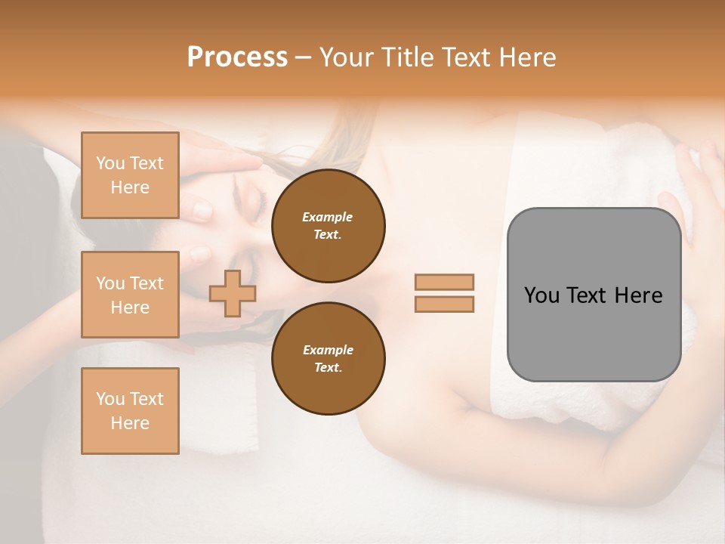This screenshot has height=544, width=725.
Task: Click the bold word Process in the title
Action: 237,57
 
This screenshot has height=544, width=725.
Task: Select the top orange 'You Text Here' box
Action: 130,175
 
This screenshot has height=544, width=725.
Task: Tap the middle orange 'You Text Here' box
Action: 130,295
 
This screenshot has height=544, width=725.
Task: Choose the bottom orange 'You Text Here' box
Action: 130,411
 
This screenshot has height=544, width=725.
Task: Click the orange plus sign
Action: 233,293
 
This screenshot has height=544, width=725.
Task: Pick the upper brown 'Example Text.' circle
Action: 328,226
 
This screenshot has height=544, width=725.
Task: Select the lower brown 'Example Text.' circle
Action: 328,359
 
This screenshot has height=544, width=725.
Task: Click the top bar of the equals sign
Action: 444,283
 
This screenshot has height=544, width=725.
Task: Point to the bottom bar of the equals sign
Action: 444,304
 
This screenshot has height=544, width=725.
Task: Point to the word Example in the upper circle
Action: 328,218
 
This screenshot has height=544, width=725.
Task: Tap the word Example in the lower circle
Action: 328,351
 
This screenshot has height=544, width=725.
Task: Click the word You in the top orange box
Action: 110,163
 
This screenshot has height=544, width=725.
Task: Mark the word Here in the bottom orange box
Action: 130,423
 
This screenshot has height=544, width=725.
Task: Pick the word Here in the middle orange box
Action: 130,308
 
